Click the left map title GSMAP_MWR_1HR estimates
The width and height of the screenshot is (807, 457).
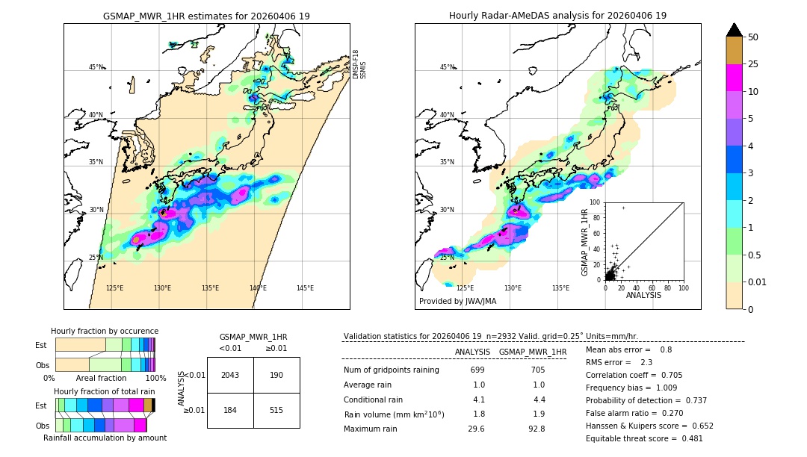206,16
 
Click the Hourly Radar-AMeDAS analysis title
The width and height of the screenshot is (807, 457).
557,16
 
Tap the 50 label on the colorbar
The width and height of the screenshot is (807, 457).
753,37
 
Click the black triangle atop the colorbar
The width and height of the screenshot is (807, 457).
734,30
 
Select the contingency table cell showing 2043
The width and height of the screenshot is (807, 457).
230,375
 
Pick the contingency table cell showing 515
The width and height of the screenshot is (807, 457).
276,410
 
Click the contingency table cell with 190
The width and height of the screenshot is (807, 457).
276,375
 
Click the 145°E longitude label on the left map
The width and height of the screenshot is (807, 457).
305,288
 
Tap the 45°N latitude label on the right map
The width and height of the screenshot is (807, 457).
447,67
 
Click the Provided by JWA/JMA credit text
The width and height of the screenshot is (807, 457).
457,301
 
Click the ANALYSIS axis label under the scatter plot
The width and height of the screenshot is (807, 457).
643,295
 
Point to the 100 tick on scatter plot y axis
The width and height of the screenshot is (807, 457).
596,202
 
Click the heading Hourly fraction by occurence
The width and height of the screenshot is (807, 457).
105,331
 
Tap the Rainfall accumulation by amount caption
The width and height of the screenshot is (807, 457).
105,438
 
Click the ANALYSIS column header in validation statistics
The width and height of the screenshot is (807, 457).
472,352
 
